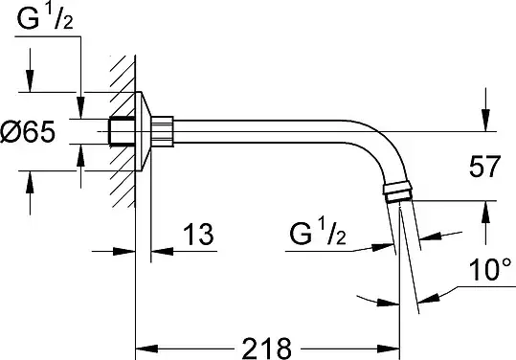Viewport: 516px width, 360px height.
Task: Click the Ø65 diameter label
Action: pos(28,132)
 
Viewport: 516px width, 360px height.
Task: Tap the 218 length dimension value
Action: pos(266,349)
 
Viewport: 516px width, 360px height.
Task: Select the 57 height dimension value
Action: pos(484,167)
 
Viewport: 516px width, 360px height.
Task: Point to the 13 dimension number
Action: pos(198,235)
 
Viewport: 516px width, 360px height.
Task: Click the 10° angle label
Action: pos(490,269)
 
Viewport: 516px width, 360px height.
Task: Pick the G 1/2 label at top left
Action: pos(45,18)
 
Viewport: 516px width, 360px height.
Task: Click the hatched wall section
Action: pos(123,131)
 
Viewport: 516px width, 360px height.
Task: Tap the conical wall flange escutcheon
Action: pos(144,131)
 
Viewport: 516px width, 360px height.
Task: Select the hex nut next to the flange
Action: pos(162,131)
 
